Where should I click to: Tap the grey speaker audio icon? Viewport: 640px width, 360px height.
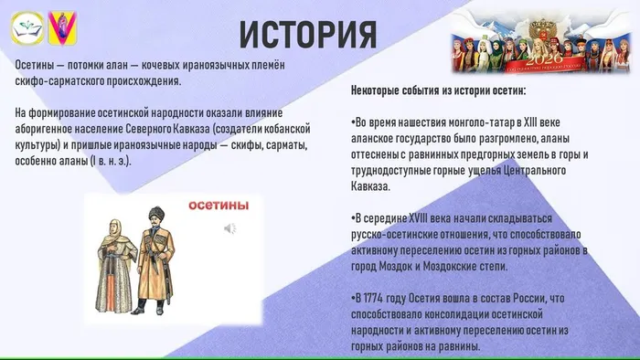click(x=230, y=228)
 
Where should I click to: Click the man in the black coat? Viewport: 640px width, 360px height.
click(x=151, y=260)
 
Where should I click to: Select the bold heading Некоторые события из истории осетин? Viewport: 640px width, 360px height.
click(x=438, y=92)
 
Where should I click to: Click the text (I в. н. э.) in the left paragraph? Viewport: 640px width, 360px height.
click(x=108, y=161)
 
